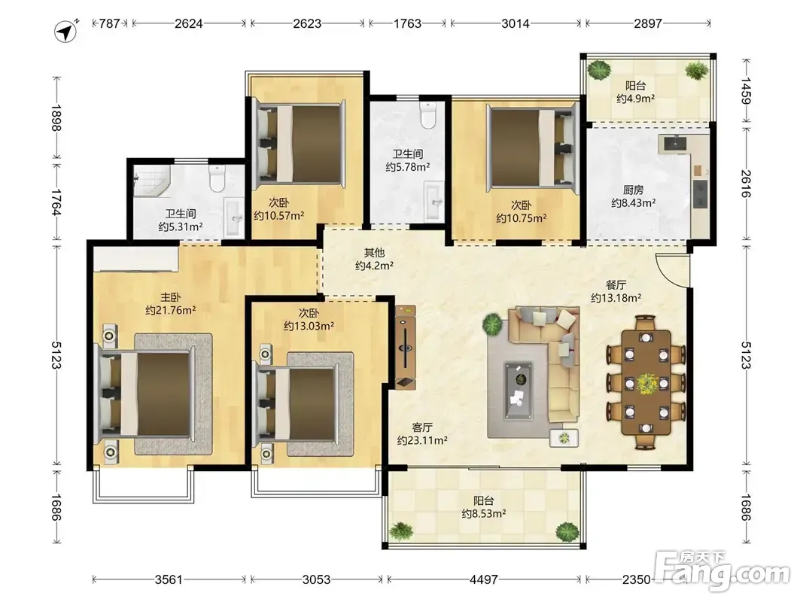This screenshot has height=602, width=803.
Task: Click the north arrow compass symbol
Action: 65,32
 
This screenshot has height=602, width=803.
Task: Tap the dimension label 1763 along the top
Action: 408,23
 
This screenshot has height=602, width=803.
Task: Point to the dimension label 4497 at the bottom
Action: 484,579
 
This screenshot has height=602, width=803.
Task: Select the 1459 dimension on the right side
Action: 746,91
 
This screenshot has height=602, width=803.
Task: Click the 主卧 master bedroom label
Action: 171,297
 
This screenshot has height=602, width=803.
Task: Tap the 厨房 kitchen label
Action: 634,190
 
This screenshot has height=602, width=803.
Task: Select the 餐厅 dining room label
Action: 616,284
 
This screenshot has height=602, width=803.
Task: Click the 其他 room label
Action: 374,252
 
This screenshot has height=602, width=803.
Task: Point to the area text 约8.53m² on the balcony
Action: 484,513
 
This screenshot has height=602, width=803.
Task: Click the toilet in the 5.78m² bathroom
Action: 427,114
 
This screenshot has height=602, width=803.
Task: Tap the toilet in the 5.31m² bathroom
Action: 217,178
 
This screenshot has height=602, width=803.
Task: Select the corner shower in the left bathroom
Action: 151,181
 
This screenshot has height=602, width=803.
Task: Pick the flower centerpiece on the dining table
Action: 646,383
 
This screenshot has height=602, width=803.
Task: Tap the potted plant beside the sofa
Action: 492,324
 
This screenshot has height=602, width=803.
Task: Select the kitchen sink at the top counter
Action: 676,143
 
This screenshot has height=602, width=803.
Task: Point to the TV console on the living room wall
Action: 405,348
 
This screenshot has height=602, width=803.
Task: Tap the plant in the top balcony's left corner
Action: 599,70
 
